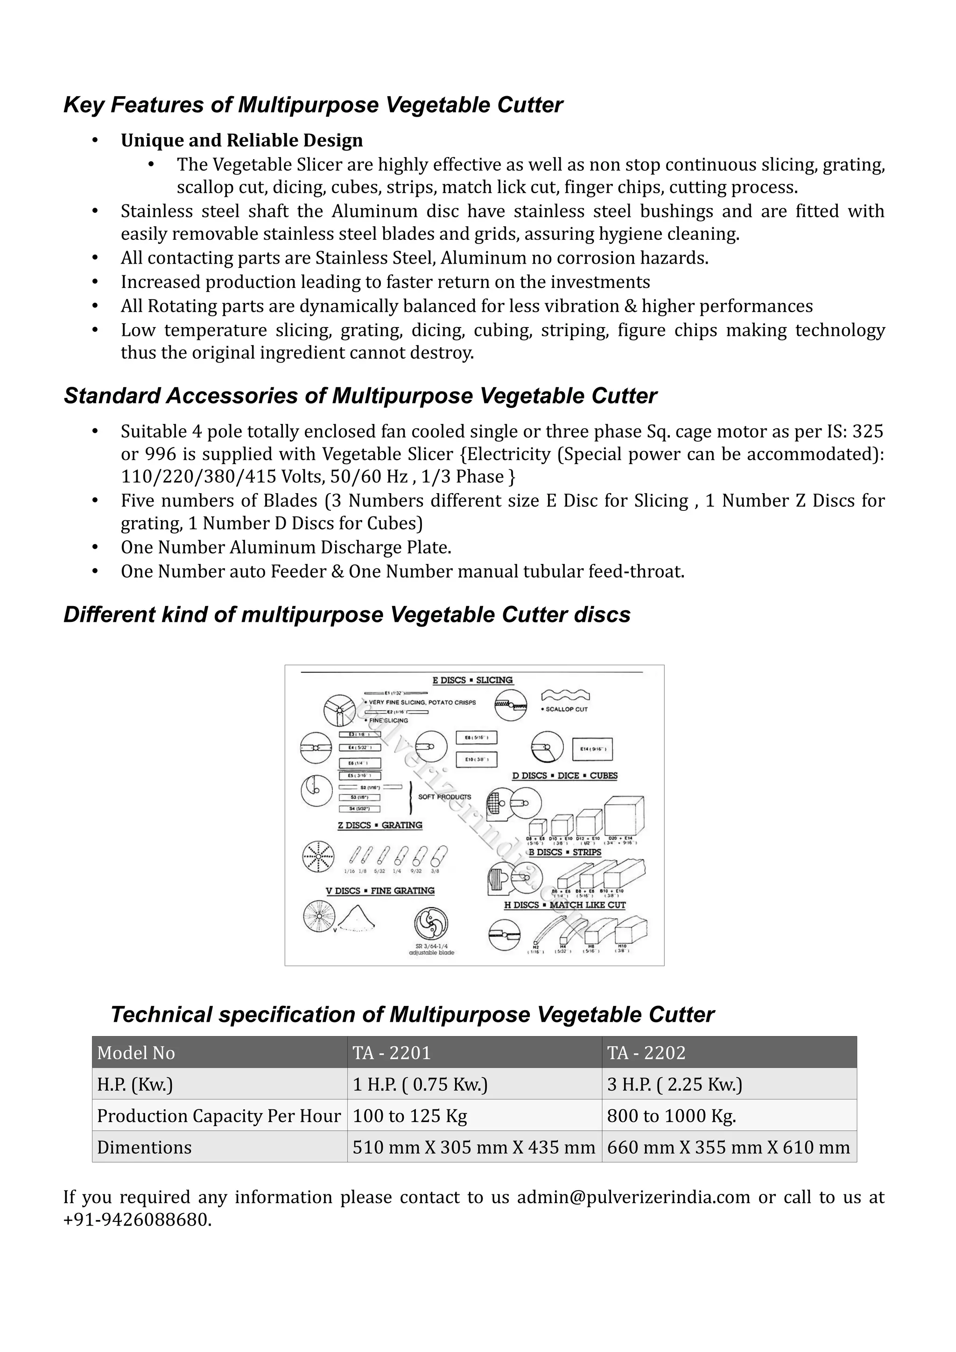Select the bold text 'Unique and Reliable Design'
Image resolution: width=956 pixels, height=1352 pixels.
(x=241, y=140)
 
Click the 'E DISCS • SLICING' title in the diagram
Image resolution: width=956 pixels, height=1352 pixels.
(x=472, y=680)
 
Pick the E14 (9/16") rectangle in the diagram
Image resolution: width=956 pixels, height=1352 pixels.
(x=592, y=749)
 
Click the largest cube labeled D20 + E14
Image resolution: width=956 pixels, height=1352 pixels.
(x=624, y=815)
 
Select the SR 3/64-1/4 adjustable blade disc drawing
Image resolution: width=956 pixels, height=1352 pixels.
(x=431, y=923)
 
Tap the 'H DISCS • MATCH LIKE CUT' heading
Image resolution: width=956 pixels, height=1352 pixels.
(x=564, y=905)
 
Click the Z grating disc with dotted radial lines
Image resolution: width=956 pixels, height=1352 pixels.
(x=318, y=856)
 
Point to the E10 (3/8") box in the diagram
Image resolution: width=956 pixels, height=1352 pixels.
(x=477, y=760)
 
